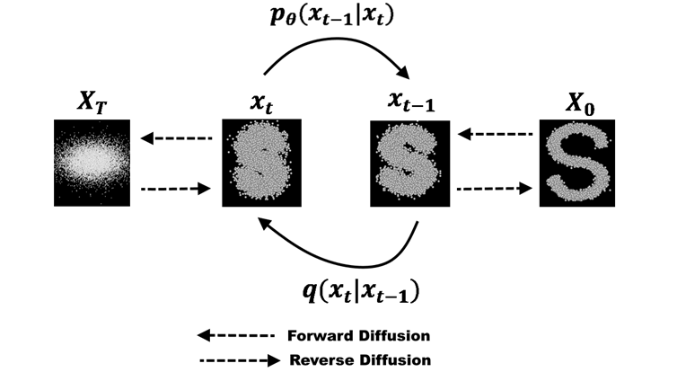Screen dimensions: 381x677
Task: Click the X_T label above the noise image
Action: tap(92, 103)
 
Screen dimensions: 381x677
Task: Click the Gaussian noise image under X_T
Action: tap(92, 163)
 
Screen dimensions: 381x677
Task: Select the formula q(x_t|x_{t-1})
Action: tap(359, 290)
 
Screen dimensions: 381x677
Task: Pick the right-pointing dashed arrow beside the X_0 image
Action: tap(493, 190)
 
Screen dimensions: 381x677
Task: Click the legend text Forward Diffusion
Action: tap(359, 336)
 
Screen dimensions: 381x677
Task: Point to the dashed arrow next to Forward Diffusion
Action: tap(235, 336)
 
